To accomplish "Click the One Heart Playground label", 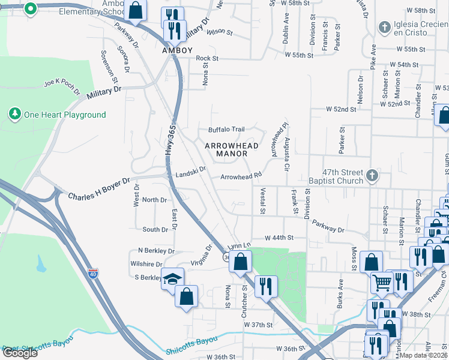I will click(64, 115).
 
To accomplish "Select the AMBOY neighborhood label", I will click(177, 51).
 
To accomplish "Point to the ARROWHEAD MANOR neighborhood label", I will click(232, 149).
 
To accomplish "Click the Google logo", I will click(19, 353).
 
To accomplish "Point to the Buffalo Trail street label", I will click(226, 130).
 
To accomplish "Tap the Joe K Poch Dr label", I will click(62, 87).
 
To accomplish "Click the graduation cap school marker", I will click(172, 278).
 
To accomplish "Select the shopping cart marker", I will click(382, 281).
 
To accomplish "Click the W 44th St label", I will click(279, 238).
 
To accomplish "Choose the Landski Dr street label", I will click(191, 173).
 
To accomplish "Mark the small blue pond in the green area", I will click(40, 263).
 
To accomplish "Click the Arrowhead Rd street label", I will click(241, 176).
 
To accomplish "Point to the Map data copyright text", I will click(424, 355).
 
